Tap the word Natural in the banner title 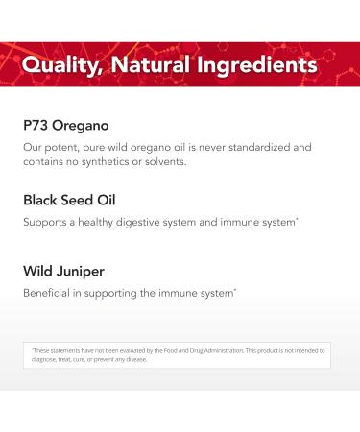click(159, 65)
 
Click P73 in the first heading click(38, 125)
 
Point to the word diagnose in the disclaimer click(44, 359)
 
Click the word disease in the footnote click(133, 359)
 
